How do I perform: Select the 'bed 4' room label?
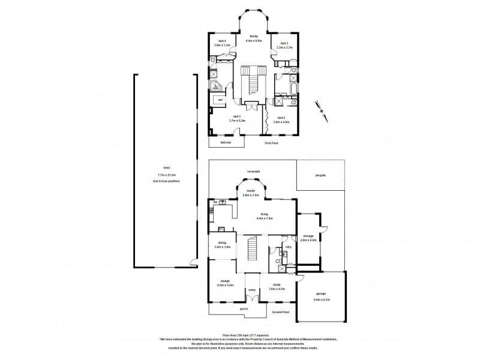click(x=222, y=41)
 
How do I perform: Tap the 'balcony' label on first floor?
click(x=226, y=142)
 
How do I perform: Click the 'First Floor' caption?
click(x=272, y=143)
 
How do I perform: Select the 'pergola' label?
click(x=322, y=176)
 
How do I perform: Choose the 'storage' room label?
click(x=310, y=236)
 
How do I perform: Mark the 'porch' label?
click(x=244, y=309)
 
